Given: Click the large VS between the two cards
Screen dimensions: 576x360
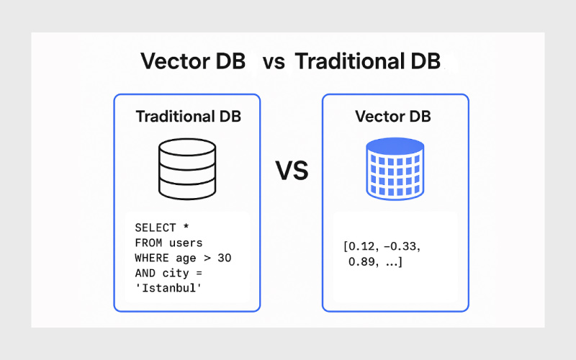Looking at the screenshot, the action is (292, 171).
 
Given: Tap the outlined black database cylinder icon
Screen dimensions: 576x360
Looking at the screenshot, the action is (187, 169).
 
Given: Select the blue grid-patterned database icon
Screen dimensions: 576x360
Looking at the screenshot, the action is (395, 169).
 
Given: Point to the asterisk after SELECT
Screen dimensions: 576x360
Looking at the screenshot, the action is (186, 226).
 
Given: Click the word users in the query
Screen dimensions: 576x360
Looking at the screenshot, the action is (186, 243).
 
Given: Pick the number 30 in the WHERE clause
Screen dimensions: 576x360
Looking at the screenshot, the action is (225, 258).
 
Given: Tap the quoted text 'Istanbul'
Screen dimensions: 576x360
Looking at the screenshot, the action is (168, 287).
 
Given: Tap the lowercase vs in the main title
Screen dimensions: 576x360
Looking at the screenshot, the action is (274, 63).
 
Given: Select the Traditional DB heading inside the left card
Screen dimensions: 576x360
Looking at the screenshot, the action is (189, 117).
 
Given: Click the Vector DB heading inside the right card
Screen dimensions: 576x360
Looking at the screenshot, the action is (393, 117).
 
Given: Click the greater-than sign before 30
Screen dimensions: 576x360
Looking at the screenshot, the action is (207, 258).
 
